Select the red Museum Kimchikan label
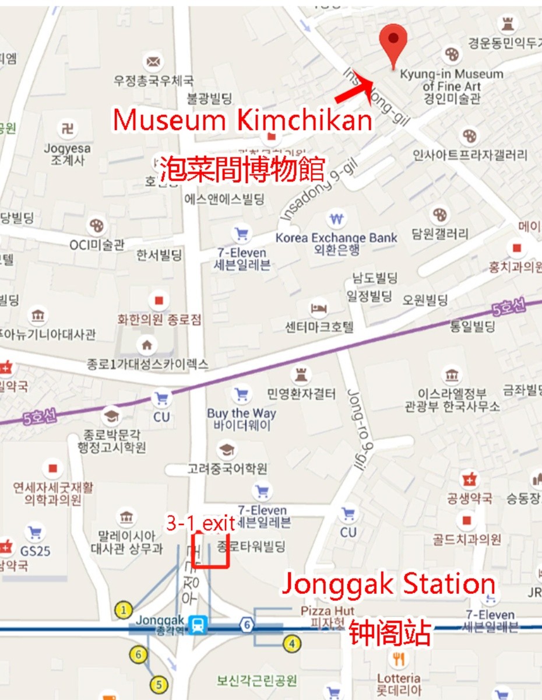242,120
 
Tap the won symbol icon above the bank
336,219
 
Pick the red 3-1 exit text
200,523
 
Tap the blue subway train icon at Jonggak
199,625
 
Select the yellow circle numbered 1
123,610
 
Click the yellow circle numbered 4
292,644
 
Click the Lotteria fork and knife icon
399,660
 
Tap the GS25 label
36,550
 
